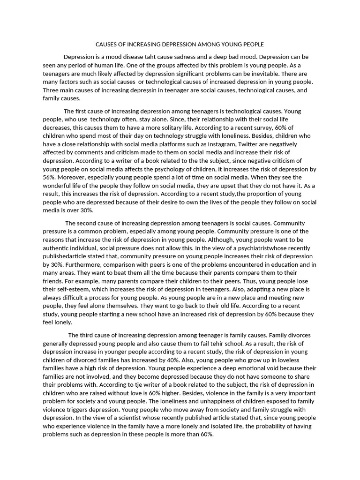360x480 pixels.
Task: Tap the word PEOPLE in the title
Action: click(x=252, y=45)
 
